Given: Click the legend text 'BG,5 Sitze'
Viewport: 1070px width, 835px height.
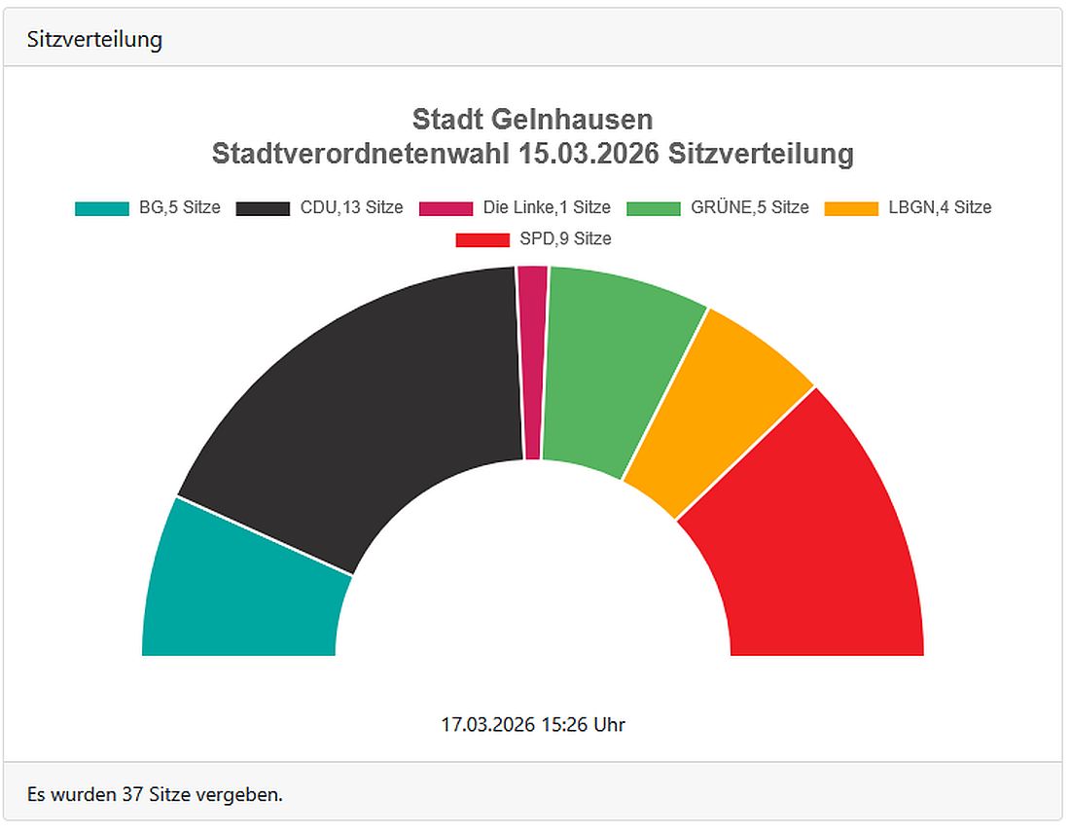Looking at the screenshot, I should (x=179, y=207).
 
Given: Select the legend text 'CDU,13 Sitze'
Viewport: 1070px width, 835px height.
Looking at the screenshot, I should (x=352, y=207).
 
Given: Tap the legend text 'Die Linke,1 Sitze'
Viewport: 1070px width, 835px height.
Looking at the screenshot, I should (x=547, y=207).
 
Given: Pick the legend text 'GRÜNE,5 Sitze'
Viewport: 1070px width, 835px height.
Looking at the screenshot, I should (x=750, y=207).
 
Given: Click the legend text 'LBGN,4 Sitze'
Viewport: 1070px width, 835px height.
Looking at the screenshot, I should (x=940, y=207).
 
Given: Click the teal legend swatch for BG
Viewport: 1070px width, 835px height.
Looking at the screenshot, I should (x=102, y=208).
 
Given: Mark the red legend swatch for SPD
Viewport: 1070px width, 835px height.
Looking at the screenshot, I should (x=482, y=239).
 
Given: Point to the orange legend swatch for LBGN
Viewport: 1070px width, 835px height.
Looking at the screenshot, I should (x=851, y=208).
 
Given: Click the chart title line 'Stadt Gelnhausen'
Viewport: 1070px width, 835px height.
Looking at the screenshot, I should (x=533, y=120).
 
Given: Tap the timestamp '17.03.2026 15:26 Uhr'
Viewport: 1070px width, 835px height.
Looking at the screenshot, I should (x=533, y=725).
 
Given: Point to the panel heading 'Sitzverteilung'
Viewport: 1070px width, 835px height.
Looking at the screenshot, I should (x=94, y=40).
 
